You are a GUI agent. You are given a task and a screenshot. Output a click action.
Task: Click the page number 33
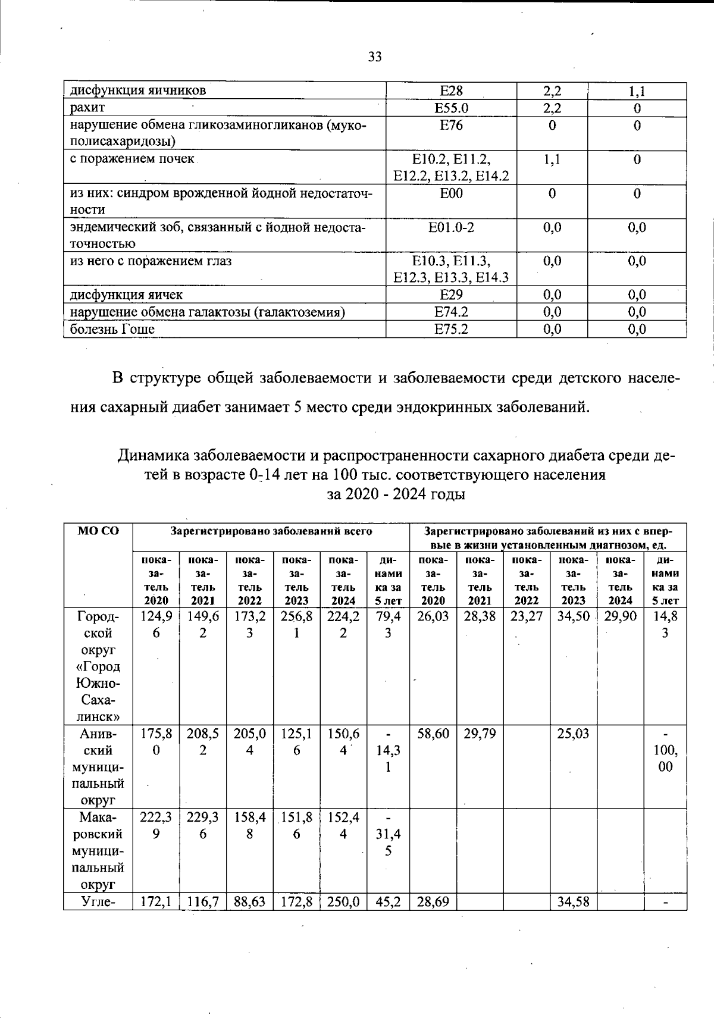[x=375, y=57]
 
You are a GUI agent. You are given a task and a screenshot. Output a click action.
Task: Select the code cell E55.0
[x=451, y=108]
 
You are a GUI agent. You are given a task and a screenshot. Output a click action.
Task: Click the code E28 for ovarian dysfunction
[x=451, y=91]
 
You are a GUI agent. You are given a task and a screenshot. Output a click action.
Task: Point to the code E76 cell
[x=451, y=126]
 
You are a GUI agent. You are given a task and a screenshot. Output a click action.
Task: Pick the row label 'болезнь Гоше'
[x=112, y=329]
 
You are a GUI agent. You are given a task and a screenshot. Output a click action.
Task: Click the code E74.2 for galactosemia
[x=451, y=312]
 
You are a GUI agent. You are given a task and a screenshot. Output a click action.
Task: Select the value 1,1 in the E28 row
[x=637, y=91]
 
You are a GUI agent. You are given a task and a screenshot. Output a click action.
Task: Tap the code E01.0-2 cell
[x=451, y=227]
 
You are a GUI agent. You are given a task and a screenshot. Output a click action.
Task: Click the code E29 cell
[x=451, y=295]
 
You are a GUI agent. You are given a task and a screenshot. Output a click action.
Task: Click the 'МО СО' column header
[x=98, y=531]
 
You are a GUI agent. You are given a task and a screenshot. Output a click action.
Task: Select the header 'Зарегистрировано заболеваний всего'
[x=271, y=531]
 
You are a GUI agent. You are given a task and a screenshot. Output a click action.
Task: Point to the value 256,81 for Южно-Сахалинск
[x=296, y=625]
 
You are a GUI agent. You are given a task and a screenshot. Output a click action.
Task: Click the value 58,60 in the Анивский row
[x=433, y=734]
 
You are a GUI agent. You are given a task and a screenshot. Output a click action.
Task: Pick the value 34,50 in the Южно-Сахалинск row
[x=573, y=616]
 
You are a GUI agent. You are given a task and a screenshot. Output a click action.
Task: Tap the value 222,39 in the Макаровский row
[x=155, y=825]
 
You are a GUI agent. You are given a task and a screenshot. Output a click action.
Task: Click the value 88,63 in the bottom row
[x=249, y=902]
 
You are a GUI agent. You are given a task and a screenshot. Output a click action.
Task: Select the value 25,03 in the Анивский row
[x=573, y=734]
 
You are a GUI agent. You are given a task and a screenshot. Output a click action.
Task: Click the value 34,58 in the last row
[x=573, y=902]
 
